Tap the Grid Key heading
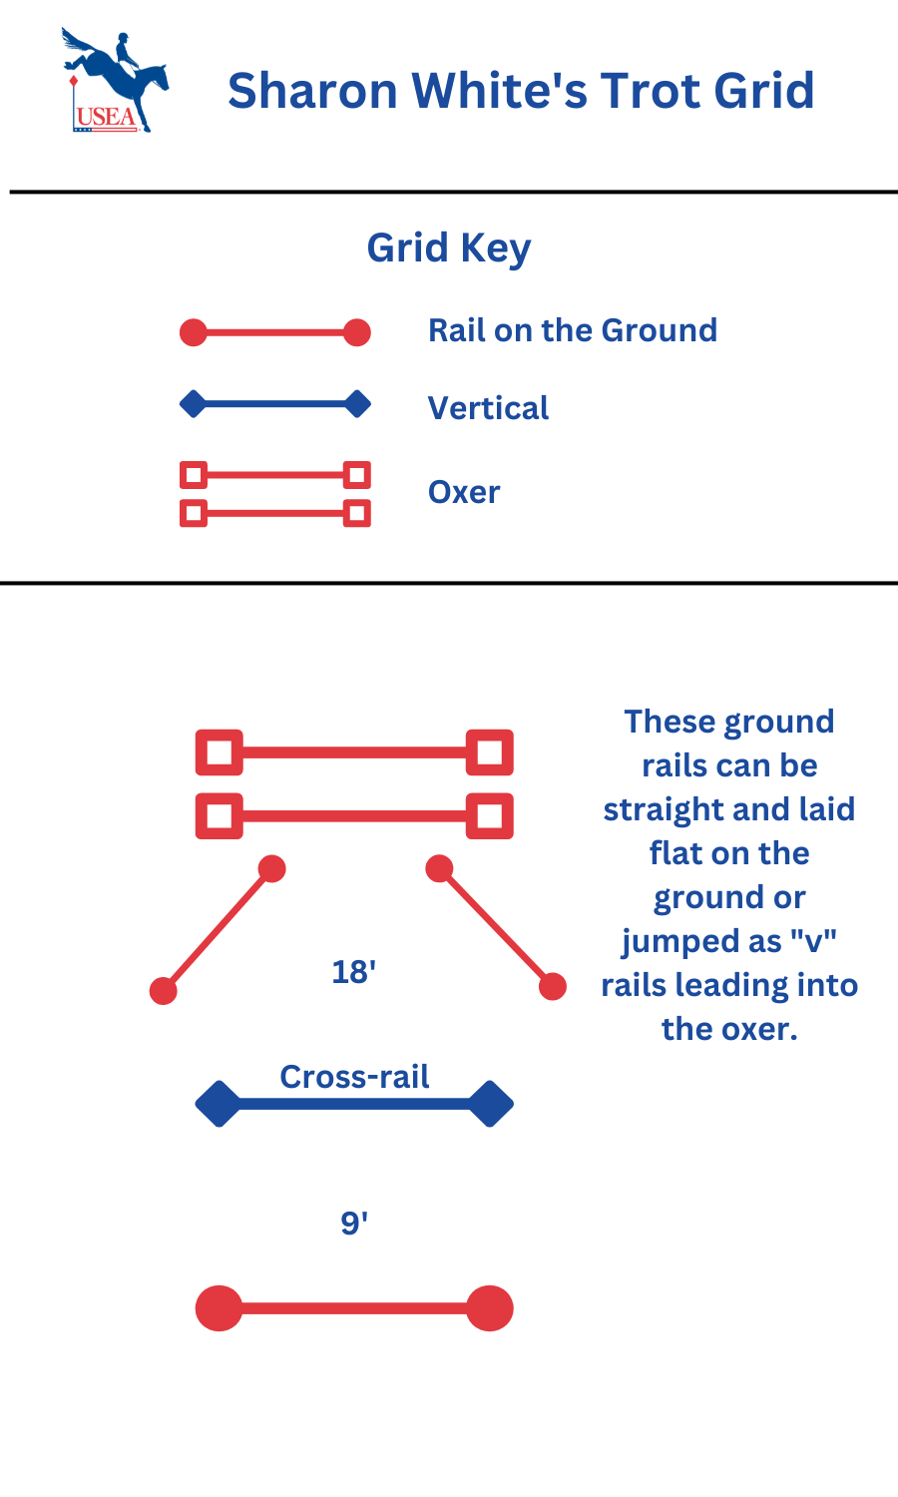448,249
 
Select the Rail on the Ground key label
572,330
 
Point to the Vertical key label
488,408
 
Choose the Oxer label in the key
464,492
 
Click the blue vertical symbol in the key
274,404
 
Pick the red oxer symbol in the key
274,494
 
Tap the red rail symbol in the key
274,332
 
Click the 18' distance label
354,972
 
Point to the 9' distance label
354,1224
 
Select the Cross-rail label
354,1077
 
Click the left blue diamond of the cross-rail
219,1104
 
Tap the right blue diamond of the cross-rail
490,1104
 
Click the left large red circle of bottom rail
219,1308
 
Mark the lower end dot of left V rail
163,991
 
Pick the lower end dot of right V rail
553,987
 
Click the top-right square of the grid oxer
490,752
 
